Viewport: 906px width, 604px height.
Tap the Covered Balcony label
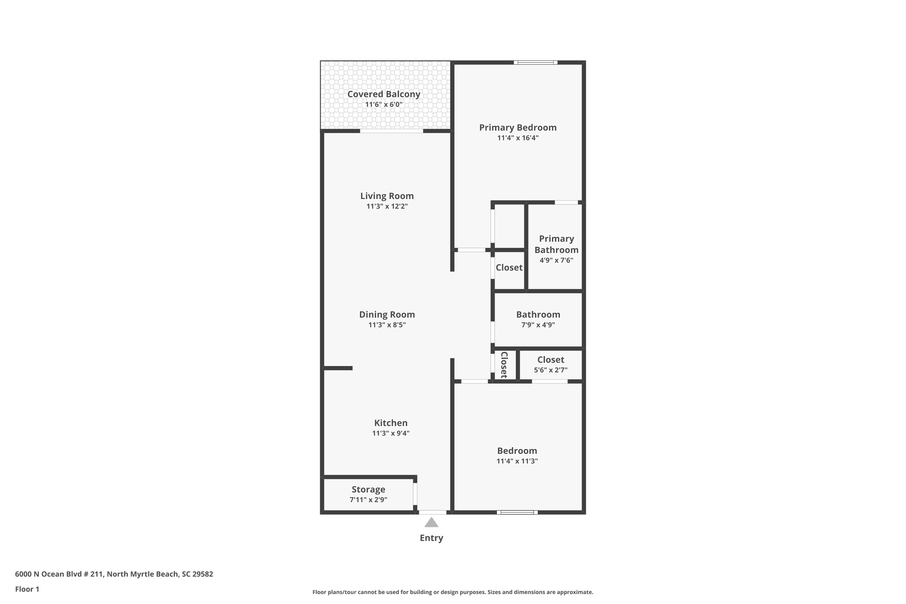[384, 94]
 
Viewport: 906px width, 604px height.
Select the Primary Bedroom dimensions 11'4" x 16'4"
[518, 138]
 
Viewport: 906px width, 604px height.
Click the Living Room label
[387, 196]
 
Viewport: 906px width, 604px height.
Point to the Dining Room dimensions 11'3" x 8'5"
[387, 325]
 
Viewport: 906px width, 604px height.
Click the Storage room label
[368, 489]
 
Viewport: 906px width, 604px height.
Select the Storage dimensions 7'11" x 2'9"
[368, 500]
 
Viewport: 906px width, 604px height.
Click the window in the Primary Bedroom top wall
[535, 63]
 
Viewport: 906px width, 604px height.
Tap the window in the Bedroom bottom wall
[517, 512]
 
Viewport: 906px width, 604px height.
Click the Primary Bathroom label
[556, 244]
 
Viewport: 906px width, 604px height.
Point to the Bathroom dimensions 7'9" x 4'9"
[538, 325]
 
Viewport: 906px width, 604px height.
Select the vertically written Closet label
[504, 365]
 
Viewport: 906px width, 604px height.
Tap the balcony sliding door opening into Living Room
[391, 131]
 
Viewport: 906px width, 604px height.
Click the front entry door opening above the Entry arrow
[432, 512]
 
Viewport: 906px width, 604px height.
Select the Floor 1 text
[27, 589]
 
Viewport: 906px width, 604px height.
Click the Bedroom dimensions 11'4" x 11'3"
[517, 461]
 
